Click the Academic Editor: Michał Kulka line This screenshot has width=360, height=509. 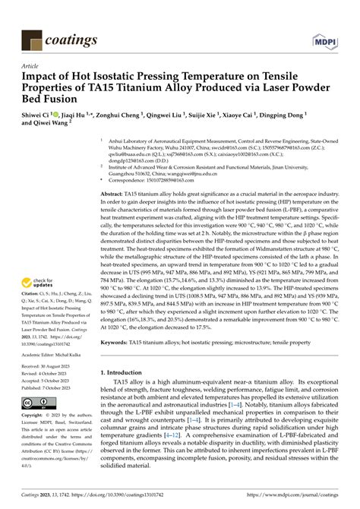pyautogui.click(x=49, y=354)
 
